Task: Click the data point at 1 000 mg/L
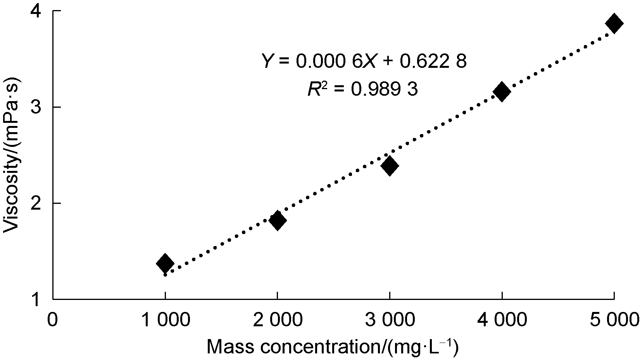tap(165, 263)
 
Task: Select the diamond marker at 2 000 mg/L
tap(278, 220)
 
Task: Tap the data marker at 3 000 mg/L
tap(390, 166)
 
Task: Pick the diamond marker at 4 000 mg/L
tap(502, 92)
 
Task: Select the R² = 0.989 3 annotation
tap(363, 90)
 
